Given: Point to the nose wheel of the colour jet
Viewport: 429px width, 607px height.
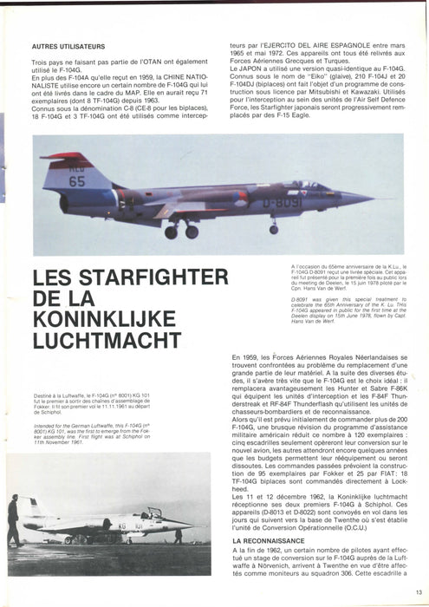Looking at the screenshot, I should coord(274,230).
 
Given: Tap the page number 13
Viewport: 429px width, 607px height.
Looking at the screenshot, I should coord(418,592).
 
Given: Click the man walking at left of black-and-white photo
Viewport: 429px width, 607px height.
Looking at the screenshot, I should coord(14,520).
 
